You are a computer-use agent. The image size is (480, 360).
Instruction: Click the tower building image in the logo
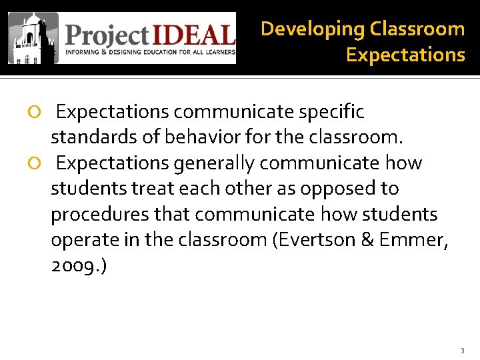[33, 38]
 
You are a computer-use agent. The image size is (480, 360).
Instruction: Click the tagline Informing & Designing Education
[150, 51]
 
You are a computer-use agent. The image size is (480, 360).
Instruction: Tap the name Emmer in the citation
[412, 240]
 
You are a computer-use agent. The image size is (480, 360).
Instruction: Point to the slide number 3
[462, 350]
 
